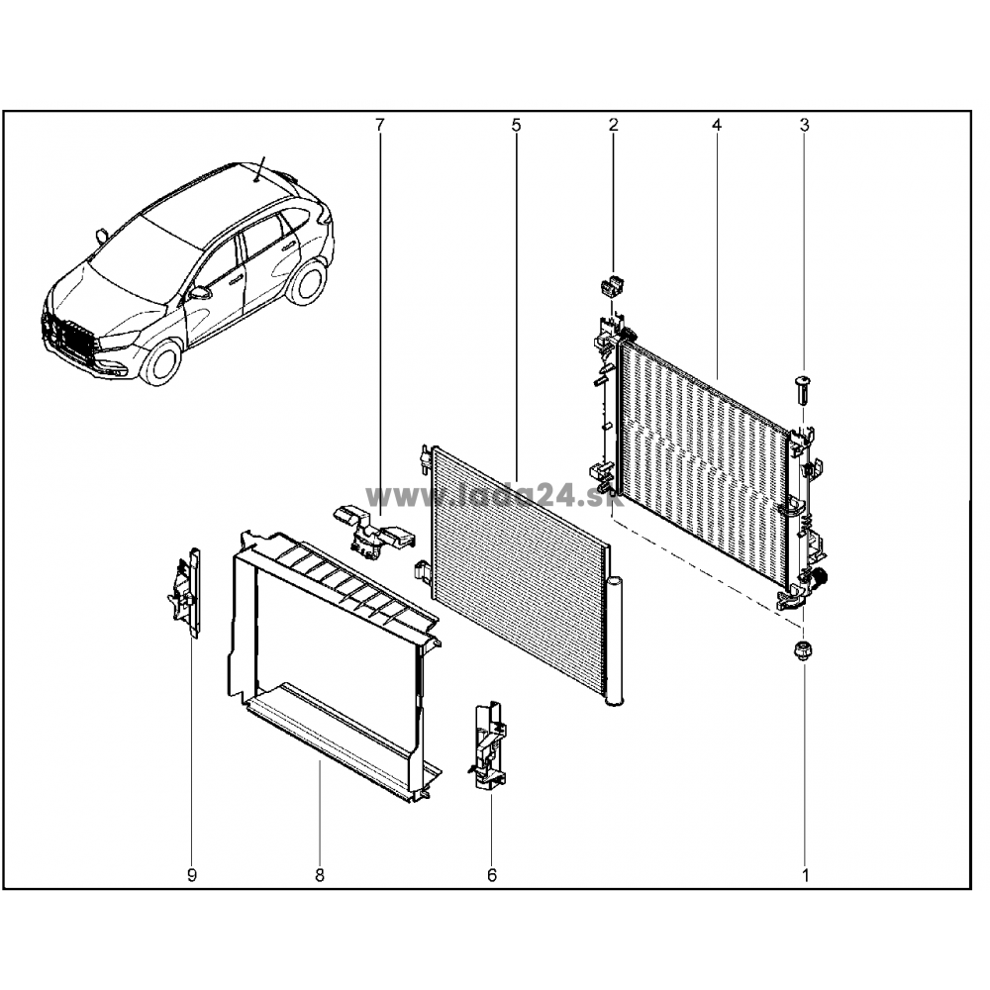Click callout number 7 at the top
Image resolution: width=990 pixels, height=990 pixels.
click(x=379, y=125)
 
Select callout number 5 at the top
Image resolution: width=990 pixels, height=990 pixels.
click(x=517, y=125)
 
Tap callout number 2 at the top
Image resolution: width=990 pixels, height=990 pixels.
click(x=613, y=125)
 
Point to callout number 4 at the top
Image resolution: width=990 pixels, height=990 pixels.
click(x=716, y=125)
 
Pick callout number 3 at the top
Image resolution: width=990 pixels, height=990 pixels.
click(x=804, y=125)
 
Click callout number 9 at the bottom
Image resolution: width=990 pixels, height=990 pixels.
click(x=192, y=875)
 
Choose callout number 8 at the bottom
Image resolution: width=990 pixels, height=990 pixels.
click(x=320, y=875)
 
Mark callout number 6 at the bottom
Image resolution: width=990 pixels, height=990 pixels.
click(x=492, y=875)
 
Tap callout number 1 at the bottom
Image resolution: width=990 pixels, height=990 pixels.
click(x=805, y=875)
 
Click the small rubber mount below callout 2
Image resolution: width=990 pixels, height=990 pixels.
click(x=609, y=287)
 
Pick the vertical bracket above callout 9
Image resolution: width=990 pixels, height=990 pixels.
click(x=186, y=593)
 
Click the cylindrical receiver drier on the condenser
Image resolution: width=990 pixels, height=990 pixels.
click(x=615, y=641)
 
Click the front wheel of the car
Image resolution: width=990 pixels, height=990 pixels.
click(x=162, y=364)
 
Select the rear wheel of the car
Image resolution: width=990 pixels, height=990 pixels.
click(x=306, y=281)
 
